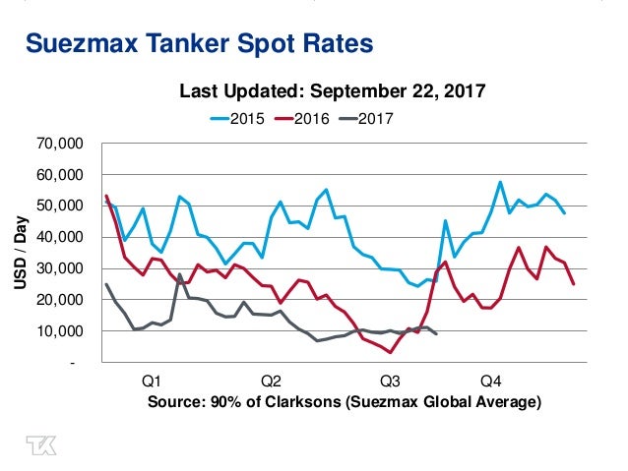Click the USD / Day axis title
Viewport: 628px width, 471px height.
(21, 253)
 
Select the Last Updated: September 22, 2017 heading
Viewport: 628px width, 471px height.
(333, 92)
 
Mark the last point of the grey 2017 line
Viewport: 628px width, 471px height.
(436, 334)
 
